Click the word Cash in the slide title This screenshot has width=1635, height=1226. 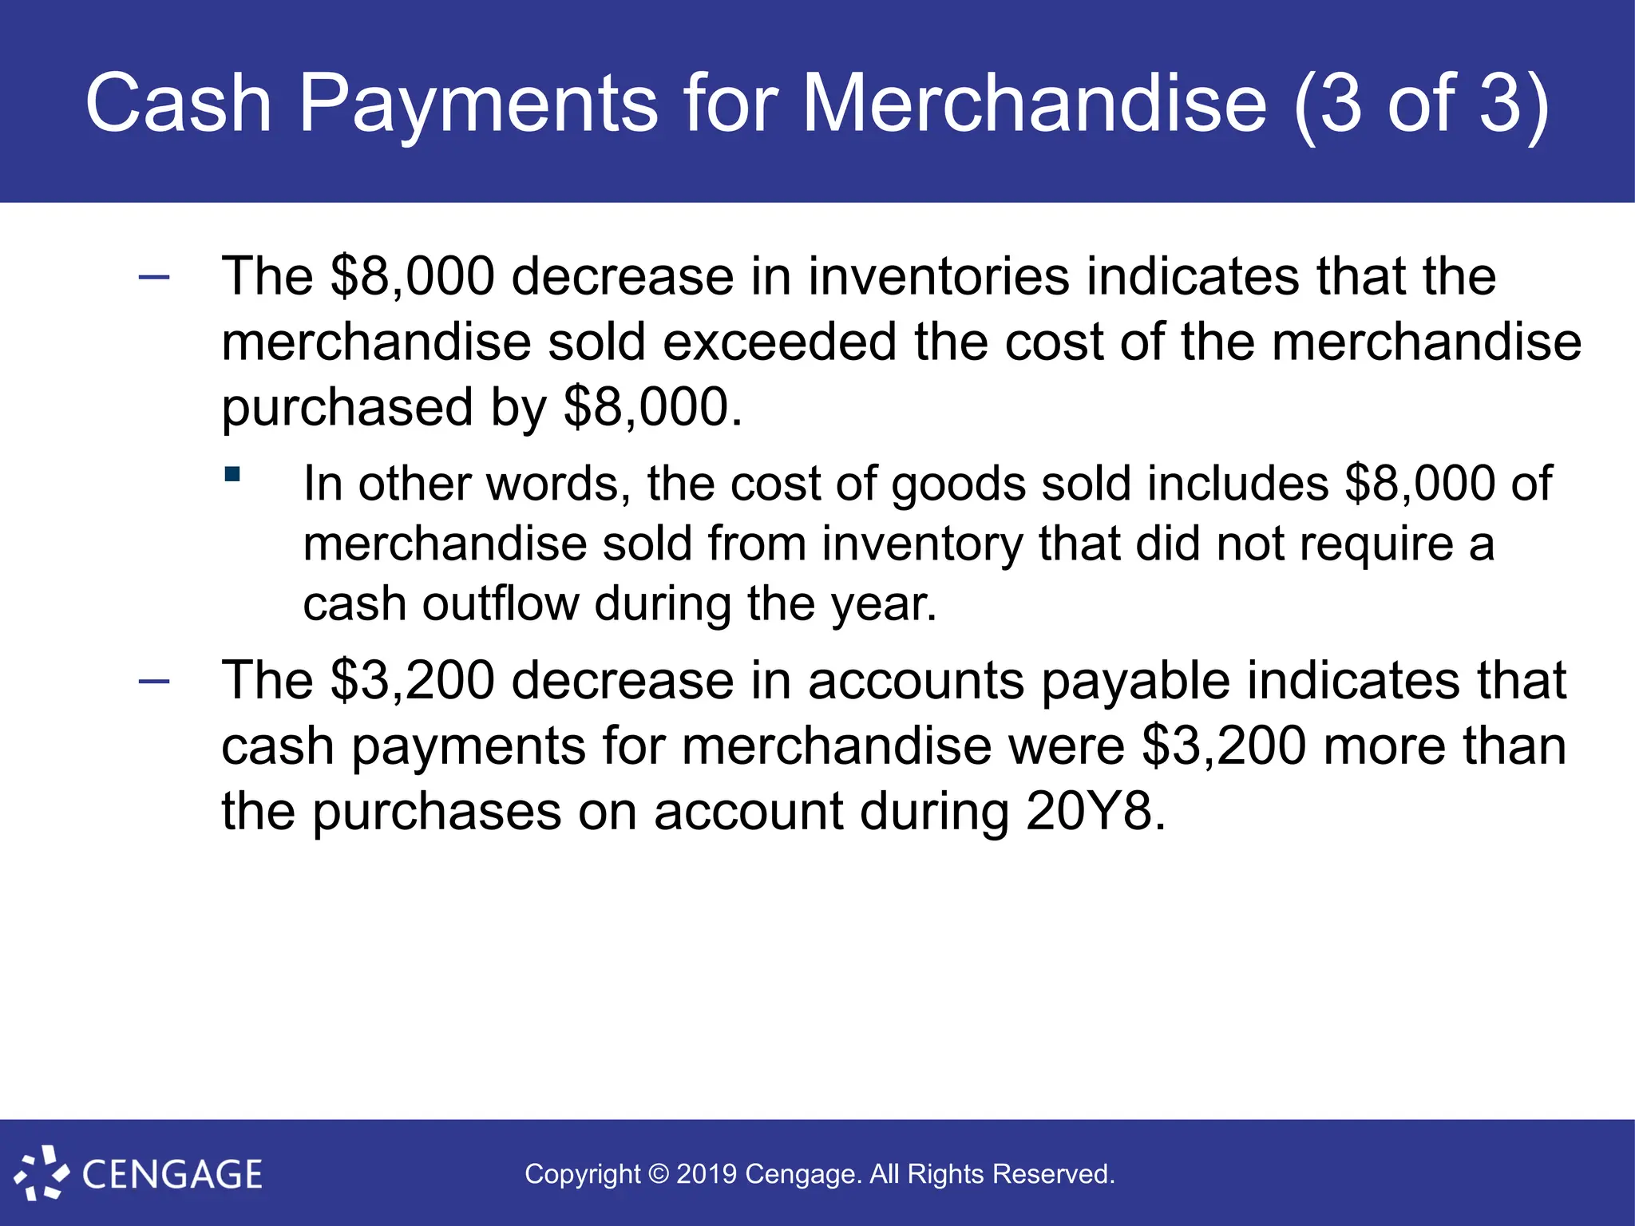coord(179,104)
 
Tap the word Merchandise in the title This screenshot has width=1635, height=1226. coord(1035,104)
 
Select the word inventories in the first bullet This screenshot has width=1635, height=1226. coord(938,276)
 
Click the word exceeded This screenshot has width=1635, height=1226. coord(779,342)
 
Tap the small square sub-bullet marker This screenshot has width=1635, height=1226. coord(232,475)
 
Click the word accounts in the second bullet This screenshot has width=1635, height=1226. coord(916,681)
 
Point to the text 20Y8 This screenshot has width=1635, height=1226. coord(1095,812)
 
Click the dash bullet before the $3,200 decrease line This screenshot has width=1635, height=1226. coord(154,681)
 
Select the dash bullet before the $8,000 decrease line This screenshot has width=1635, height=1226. coord(154,277)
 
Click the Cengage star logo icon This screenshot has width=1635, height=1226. coord(41,1173)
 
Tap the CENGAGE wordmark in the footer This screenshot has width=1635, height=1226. coord(172,1174)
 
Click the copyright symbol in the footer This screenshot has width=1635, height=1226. coord(659,1174)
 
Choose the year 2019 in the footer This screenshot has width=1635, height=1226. coord(707,1174)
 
